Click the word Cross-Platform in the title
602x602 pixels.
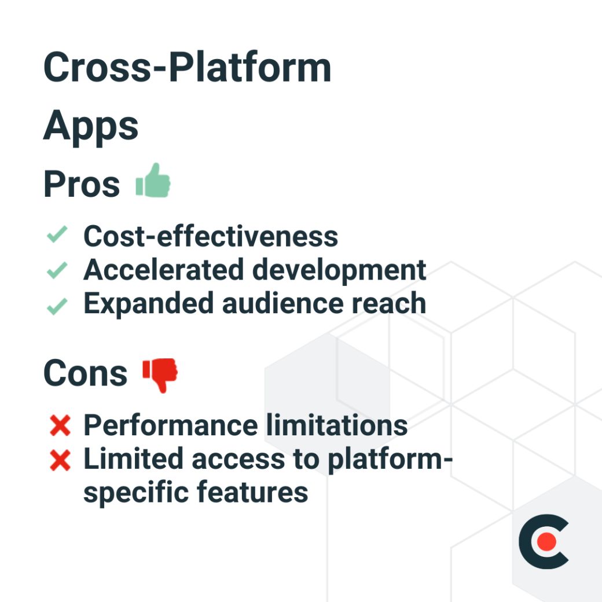coord(187,68)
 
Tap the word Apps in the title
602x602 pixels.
coord(91,126)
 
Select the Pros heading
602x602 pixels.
coord(82,185)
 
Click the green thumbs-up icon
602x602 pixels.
coord(153,181)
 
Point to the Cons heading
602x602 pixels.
coord(85,373)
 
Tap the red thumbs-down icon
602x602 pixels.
coord(160,374)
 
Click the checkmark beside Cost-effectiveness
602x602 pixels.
coord(57,236)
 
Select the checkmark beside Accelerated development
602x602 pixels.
coord(57,270)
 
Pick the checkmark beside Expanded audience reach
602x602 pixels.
coord(57,305)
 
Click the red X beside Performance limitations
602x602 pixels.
coord(60,427)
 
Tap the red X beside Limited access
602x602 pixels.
coord(60,461)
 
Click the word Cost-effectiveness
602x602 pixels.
coord(211,236)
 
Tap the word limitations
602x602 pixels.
coord(337,425)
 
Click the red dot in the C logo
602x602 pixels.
coord(546,542)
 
